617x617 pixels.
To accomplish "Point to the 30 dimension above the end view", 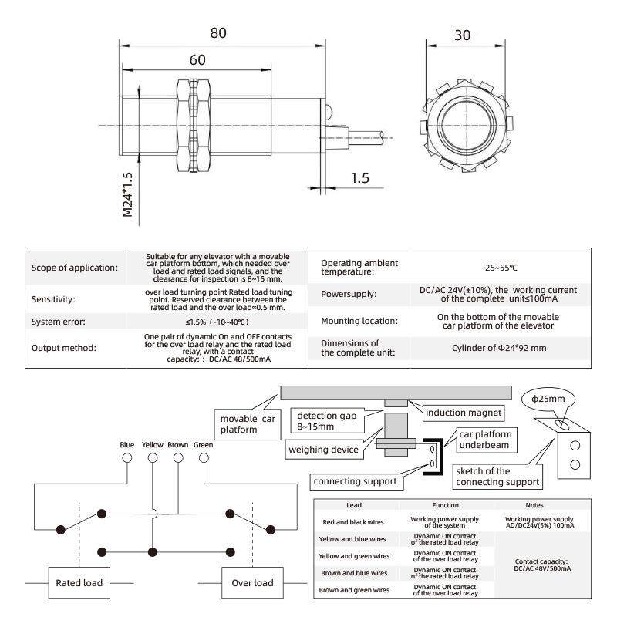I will point(462,36).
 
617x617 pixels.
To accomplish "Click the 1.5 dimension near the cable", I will point(359,177).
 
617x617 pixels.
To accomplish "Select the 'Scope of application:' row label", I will point(75,268).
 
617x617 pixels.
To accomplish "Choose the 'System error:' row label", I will point(64,322).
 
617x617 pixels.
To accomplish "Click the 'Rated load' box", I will point(79,582).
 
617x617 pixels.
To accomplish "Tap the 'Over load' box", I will point(252,582).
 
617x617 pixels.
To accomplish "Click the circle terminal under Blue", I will point(127,457).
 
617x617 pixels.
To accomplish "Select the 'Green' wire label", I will point(204,444).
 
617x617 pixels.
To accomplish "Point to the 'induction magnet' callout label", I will point(464,413).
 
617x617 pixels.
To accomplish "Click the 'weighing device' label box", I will point(323,450).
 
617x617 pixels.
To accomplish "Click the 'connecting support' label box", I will point(356,481).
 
